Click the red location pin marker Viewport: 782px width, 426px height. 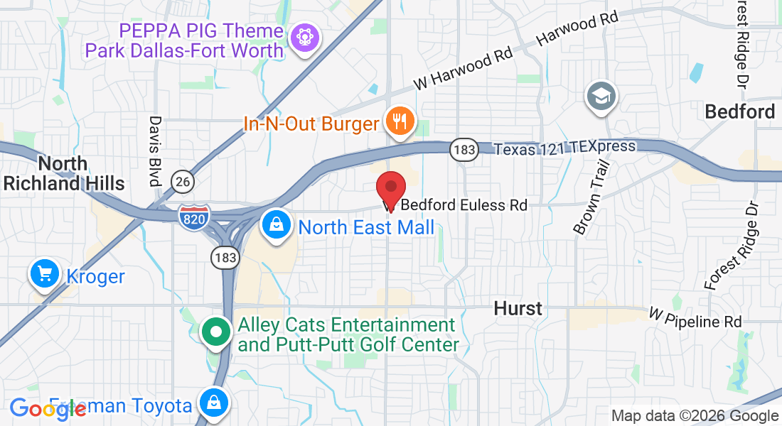click(x=390, y=188)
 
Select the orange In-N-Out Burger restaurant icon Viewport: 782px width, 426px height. click(x=400, y=121)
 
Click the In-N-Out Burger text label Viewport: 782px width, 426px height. click(x=311, y=124)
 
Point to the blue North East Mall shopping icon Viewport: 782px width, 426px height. click(x=275, y=225)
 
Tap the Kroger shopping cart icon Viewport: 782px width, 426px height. click(x=44, y=273)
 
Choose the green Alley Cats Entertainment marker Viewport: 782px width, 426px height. click(x=216, y=332)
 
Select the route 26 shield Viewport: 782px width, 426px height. click(x=183, y=182)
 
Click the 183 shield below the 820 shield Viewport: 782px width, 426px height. click(x=225, y=258)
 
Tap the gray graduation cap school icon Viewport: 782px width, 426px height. click(x=601, y=96)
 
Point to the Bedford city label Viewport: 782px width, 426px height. click(x=739, y=111)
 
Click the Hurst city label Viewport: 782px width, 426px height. click(x=518, y=308)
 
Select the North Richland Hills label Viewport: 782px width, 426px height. click(x=63, y=173)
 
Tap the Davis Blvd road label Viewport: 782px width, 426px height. click(x=155, y=151)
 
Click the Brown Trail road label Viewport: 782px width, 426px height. click(x=591, y=198)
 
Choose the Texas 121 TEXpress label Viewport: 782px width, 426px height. click(x=564, y=148)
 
